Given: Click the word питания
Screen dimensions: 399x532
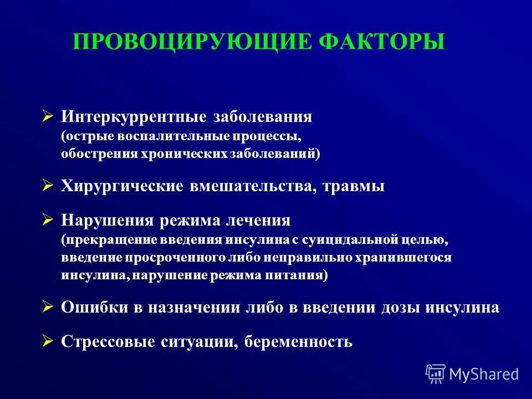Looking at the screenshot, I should pyautogui.click(x=300, y=275).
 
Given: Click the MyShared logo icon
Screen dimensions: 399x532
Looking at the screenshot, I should pyautogui.click(x=436, y=374).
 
